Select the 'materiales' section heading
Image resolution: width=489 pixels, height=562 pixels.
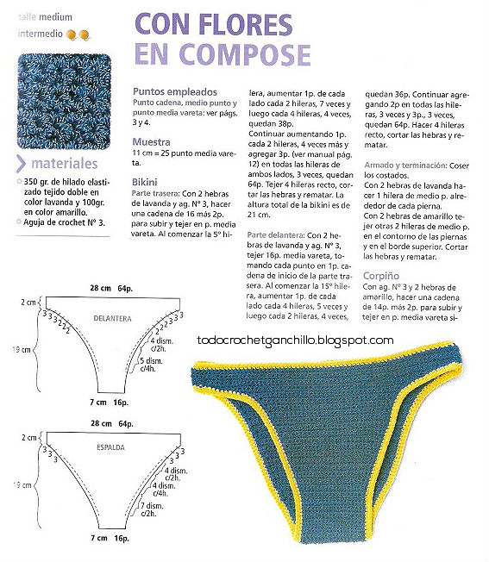click(67, 165)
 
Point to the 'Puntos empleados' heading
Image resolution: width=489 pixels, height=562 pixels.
click(172, 91)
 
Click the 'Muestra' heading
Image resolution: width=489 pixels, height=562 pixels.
click(151, 141)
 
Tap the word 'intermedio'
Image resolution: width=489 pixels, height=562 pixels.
click(40, 34)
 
